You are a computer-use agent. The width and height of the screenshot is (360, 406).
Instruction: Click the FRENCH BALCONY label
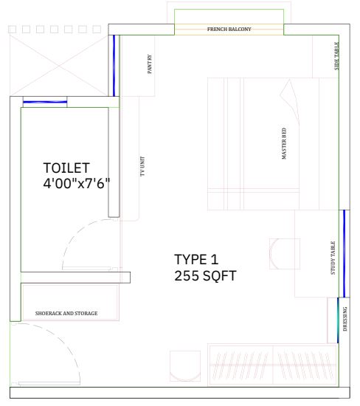coord(229,29)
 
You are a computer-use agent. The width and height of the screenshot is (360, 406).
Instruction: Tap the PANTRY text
coord(150,64)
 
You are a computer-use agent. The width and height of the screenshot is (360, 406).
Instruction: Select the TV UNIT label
coord(142,166)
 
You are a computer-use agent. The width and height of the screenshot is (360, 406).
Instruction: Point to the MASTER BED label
coord(284,143)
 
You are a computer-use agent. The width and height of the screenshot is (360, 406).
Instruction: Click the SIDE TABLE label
coord(336,56)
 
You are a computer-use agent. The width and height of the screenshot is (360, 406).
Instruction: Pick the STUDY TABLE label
coord(333,258)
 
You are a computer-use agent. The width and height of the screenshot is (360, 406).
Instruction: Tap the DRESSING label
coord(345,319)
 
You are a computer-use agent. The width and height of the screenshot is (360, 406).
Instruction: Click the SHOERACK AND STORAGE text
coord(66,313)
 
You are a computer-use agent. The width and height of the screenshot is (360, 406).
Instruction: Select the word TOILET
coord(66,168)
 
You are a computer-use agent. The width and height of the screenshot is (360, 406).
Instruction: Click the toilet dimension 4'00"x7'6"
coord(77,184)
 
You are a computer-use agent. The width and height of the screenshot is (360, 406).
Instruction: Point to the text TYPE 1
coord(196,259)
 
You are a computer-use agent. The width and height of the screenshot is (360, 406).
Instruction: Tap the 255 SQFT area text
coord(205,275)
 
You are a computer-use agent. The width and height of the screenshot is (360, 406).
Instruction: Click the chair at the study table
coord(285,254)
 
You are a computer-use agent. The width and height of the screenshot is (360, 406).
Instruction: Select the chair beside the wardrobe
coord(185,366)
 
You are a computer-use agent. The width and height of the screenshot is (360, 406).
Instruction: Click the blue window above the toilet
coord(45,102)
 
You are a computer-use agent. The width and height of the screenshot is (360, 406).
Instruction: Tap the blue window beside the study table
coord(345,253)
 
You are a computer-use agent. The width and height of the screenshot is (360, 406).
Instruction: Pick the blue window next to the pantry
coord(114,66)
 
